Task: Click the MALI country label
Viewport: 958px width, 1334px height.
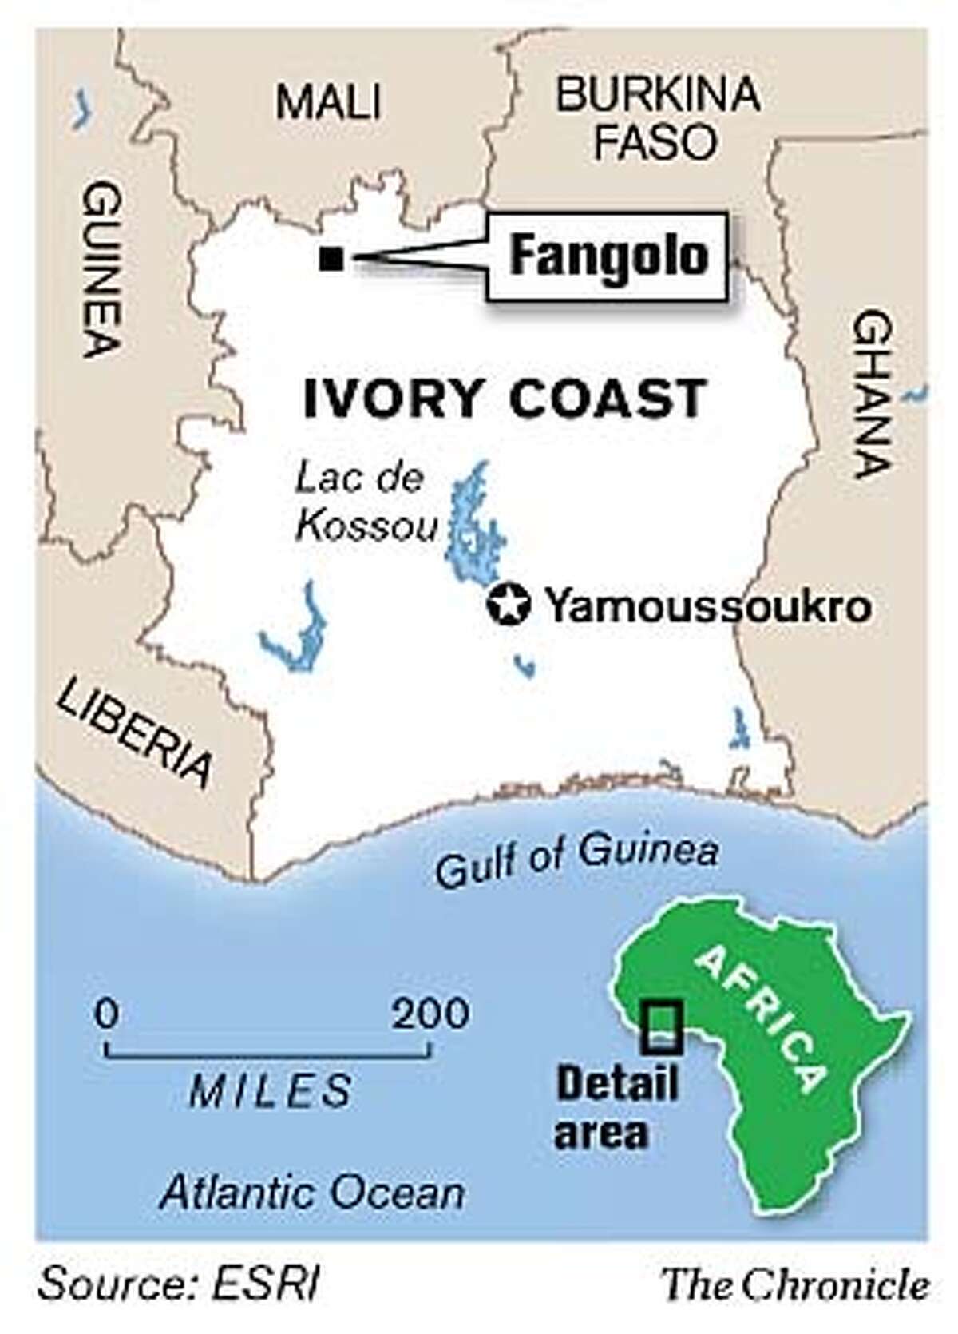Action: tap(328, 103)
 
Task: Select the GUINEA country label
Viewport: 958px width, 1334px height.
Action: tap(103, 268)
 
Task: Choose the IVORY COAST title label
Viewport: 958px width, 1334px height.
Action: tap(505, 398)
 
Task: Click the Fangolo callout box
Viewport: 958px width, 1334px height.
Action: tap(608, 257)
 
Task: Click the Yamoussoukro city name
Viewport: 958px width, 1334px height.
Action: tap(707, 608)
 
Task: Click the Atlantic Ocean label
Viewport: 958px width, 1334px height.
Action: tap(311, 1193)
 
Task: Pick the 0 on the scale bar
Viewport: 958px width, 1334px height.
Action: tap(107, 1014)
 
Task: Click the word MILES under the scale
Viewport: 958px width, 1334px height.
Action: tap(271, 1090)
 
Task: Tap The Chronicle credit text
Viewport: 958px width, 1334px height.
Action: tap(797, 1285)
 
